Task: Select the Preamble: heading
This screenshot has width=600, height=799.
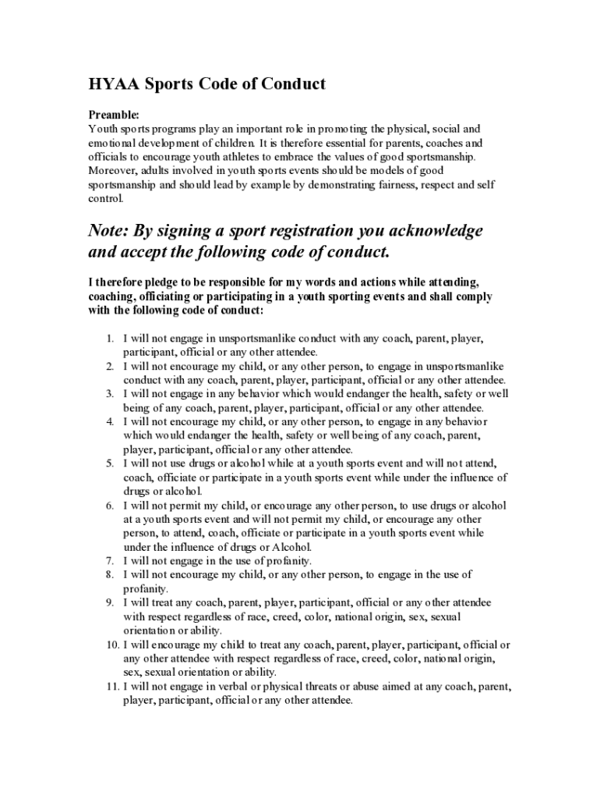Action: pos(114,114)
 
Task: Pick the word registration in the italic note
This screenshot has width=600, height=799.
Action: pos(299,231)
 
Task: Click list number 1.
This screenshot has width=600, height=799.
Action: pos(110,338)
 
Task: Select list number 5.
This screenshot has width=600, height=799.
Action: pos(110,463)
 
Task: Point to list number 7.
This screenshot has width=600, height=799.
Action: pos(110,560)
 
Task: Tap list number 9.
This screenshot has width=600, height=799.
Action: pos(110,602)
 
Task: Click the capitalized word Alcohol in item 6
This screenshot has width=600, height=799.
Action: pos(291,547)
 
